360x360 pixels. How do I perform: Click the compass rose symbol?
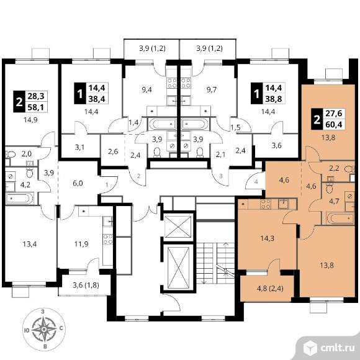(44, 330)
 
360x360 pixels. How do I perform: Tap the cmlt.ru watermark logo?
(329, 348)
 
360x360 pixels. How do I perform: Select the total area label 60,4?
(334, 124)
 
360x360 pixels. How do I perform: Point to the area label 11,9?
(81, 244)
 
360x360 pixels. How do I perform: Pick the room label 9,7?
(211, 89)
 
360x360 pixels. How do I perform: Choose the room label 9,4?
(146, 89)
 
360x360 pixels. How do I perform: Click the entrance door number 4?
(256, 182)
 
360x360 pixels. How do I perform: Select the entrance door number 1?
(107, 184)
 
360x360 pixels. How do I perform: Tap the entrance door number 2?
(138, 176)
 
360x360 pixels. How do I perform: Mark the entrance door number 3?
(220, 176)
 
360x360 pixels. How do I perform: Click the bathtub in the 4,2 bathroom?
(20, 199)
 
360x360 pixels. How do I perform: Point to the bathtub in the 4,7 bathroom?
(340, 218)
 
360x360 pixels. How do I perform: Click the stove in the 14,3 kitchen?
(266, 204)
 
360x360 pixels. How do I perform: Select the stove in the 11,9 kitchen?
(107, 239)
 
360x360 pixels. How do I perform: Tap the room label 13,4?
(30, 244)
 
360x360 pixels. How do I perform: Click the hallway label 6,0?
(78, 184)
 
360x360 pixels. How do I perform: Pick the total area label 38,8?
(274, 99)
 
